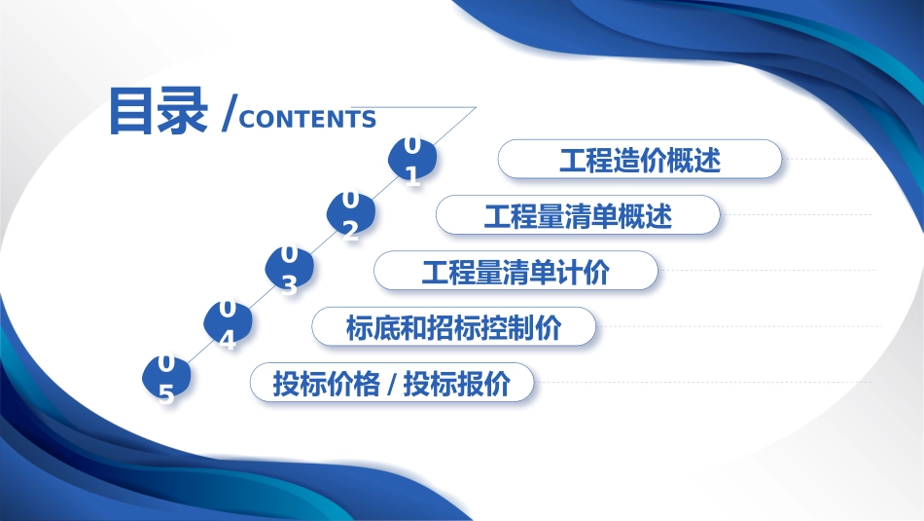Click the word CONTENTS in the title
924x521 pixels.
pyautogui.click(x=307, y=120)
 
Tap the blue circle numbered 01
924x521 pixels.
pyautogui.click(x=412, y=160)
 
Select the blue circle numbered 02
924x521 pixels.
pyautogui.click(x=350, y=214)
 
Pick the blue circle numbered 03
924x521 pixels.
pyautogui.click(x=289, y=269)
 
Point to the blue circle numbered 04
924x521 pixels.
pyautogui.click(x=228, y=324)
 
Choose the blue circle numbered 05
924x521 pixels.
pyautogui.click(x=166, y=379)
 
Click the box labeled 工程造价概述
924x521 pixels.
pyautogui.click(x=640, y=160)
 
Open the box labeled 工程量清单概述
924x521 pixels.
pyautogui.click(x=578, y=215)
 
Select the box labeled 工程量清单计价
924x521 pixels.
pyautogui.click(x=515, y=271)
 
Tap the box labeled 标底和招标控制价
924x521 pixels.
pyautogui.click(x=453, y=327)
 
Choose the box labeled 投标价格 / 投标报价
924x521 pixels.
pyautogui.click(x=392, y=383)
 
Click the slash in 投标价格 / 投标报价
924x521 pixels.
pyautogui.click(x=391, y=384)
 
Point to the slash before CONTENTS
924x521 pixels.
pyautogui.click(x=228, y=113)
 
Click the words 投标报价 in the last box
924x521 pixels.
pyautogui.click(x=456, y=384)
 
